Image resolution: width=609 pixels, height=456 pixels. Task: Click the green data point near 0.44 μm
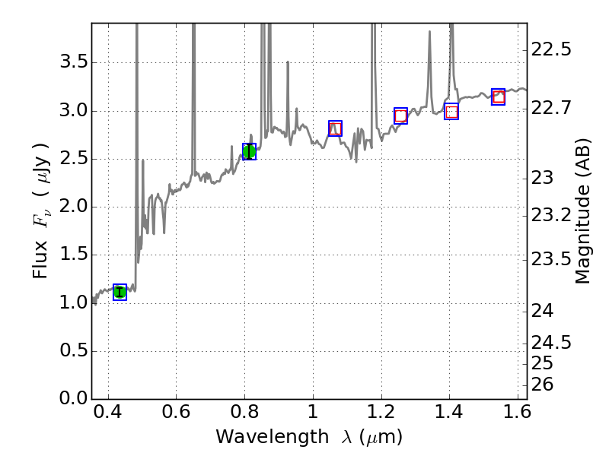click(x=120, y=292)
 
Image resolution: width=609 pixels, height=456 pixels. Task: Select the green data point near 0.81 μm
click(x=249, y=151)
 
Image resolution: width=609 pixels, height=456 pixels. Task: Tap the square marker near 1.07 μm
click(x=335, y=128)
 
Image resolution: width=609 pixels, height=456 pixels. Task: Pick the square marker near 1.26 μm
click(x=401, y=116)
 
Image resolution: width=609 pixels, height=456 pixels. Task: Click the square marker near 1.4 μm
click(x=451, y=112)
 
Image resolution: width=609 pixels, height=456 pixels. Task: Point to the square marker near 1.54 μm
click(x=499, y=96)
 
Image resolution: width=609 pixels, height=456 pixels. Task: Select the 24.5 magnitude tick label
click(x=550, y=343)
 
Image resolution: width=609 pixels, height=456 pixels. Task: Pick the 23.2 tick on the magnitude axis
click(x=550, y=215)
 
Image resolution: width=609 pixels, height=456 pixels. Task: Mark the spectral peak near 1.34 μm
click(x=429, y=33)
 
